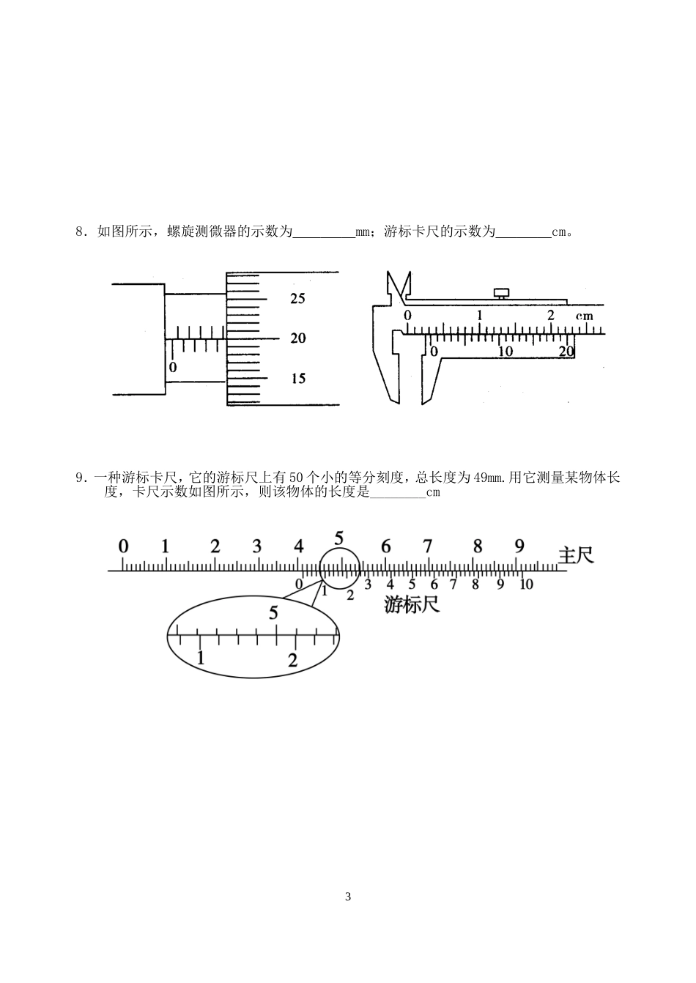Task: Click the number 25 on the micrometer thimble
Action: tap(297, 299)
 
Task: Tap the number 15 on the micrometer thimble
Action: tap(297, 379)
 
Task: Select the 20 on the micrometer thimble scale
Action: tap(297, 338)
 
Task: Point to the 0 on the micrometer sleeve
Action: tap(173, 367)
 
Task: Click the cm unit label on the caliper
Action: tap(584, 316)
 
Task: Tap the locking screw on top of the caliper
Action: tap(502, 293)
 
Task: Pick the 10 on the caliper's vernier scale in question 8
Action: tap(505, 352)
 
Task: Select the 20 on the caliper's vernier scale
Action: tap(566, 352)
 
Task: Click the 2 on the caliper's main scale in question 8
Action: tap(551, 314)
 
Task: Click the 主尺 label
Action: tap(576, 555)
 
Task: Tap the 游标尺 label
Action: tap(412, 605)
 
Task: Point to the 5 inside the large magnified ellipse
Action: tap(273, 612)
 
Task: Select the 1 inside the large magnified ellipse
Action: tap(201, 657)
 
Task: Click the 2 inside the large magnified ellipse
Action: tap(292, 659)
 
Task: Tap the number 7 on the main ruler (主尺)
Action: tap(427, 546)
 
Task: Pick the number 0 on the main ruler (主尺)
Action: tap(123, 546)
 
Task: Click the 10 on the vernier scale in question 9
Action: tap(525, 585)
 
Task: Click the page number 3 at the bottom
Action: tap(348, 897)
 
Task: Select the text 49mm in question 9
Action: tap(489, 478)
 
